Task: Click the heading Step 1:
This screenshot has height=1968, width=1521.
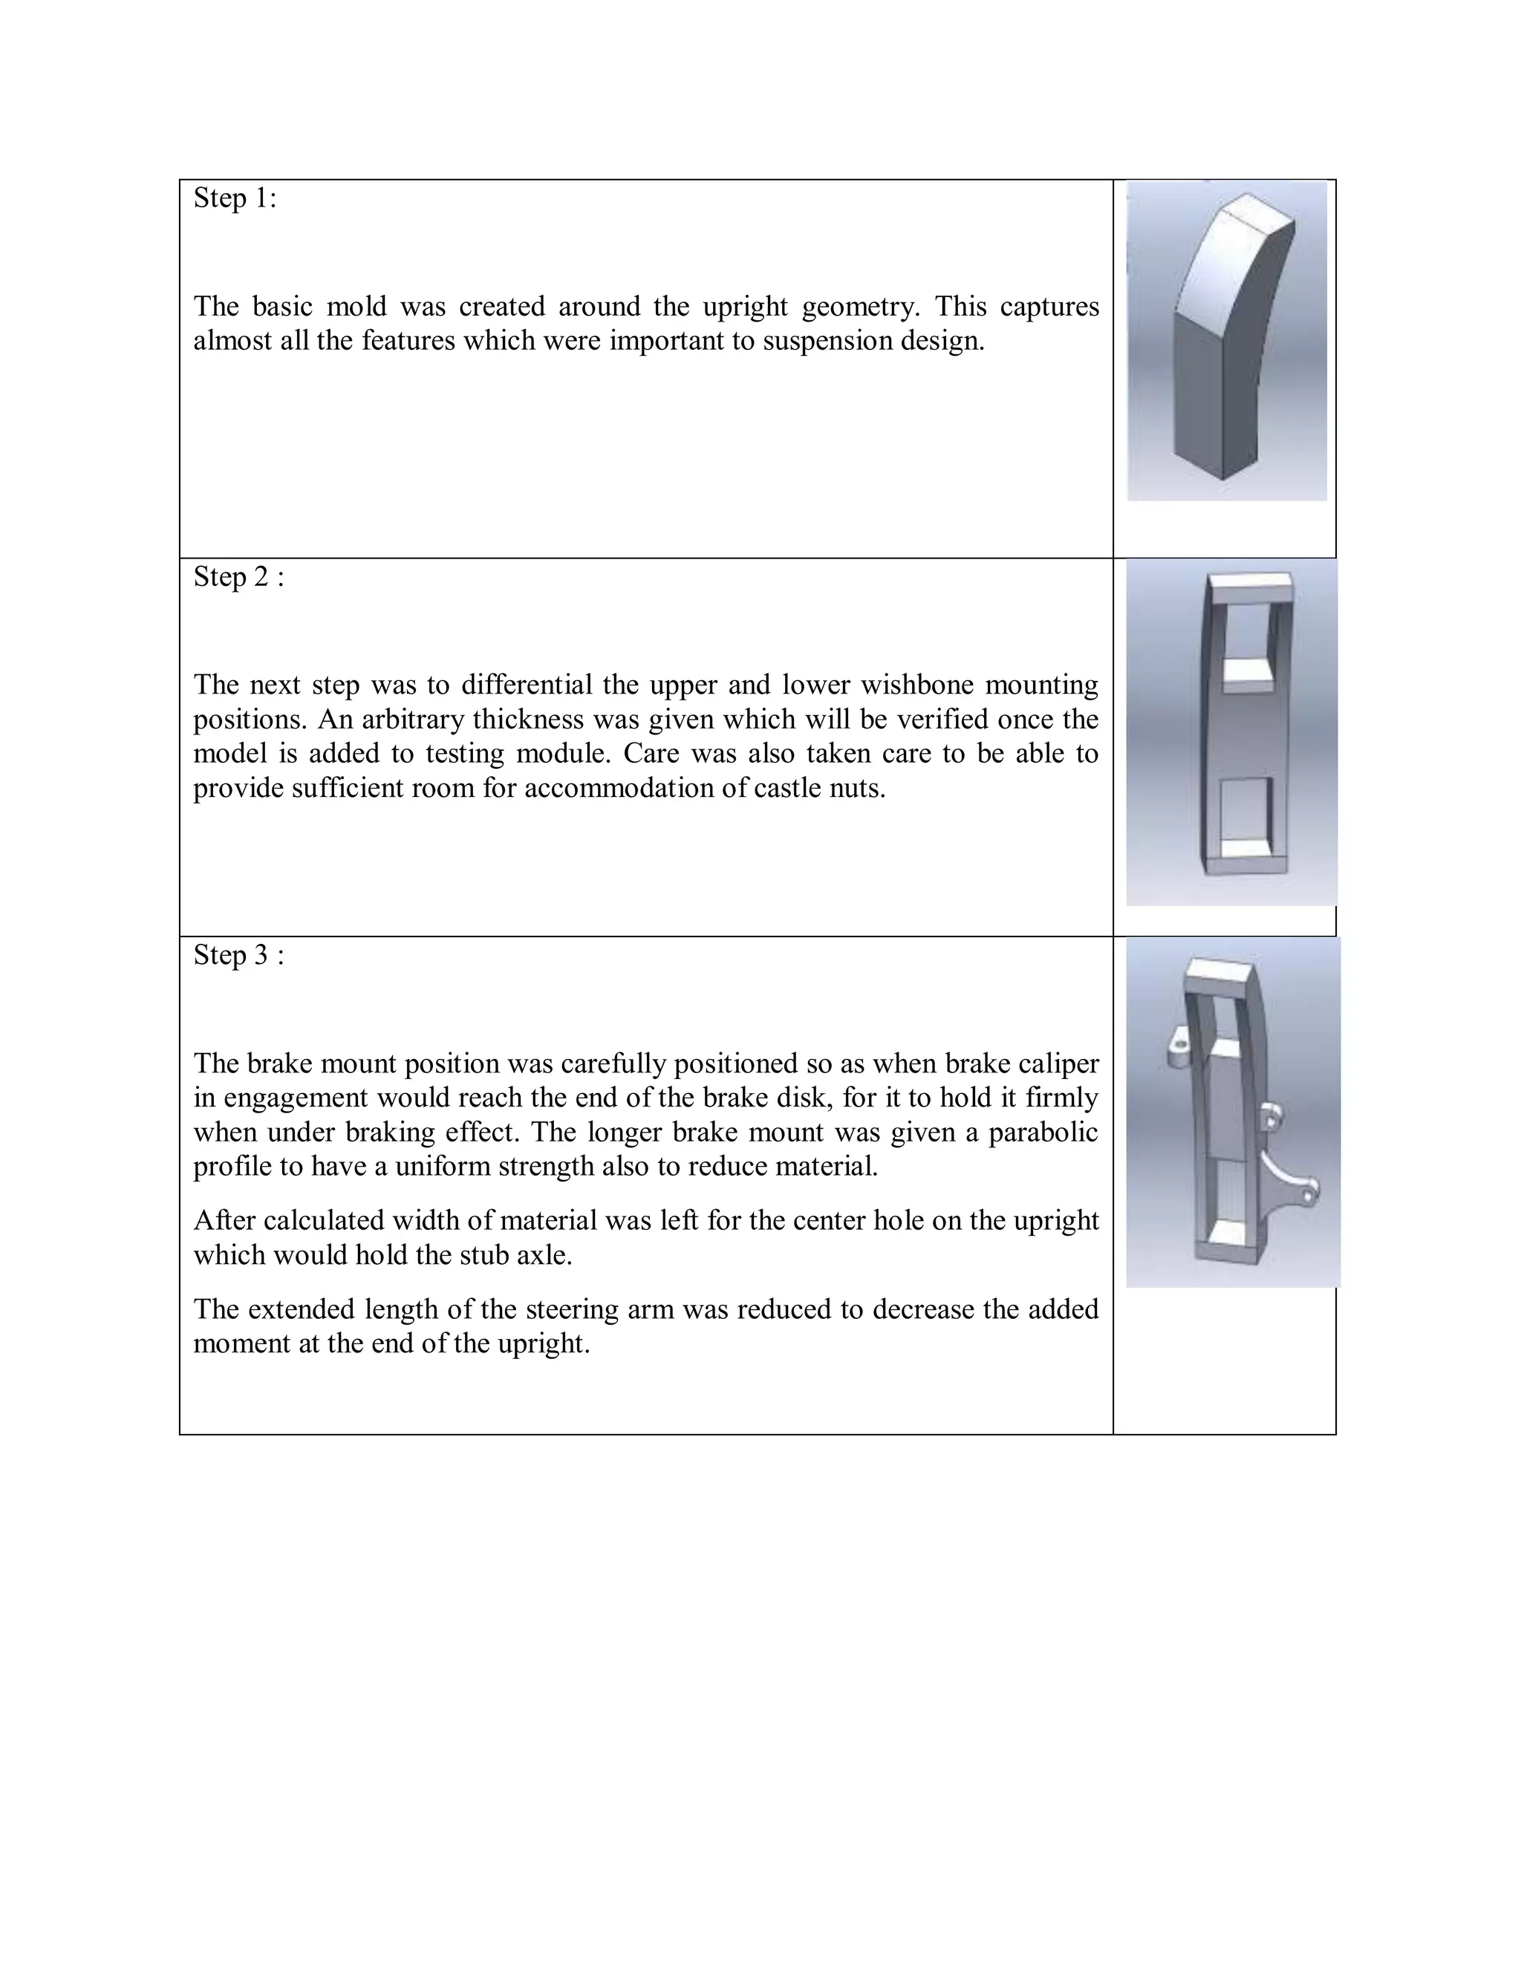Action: tap(234, 198)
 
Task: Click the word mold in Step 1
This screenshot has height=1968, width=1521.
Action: tap(356, 307)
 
